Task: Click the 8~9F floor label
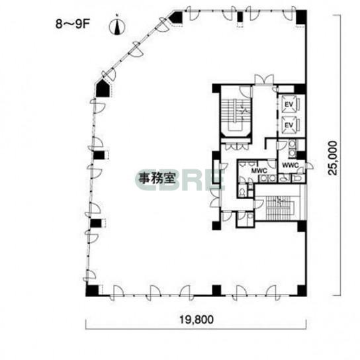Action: pyautogui.click(x=72, y=24)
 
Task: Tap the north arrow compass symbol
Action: pyautogui.click(x=117, y=26)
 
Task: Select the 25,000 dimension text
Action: pyautogui.click(x=333, y=158)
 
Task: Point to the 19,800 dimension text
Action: pyautogui.click(x=197, y=319)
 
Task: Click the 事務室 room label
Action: pyautogui.click(x=158, y=178)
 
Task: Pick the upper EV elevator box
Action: pyautogui.click(x=289, y=105)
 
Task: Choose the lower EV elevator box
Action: pyautogui.click(x=289, y=125)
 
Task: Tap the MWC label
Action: pyautogui.click(x=259, y=171)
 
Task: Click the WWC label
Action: pyautogui.click(x=291, y=165)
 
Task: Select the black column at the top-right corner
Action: pyautogui.click(x=301, y=17)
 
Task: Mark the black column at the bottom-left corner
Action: pyautogui.click(x=92, y=291)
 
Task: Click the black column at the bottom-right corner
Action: pyautogui.click(x=302, y=291)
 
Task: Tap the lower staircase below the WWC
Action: pyautogui.click(x=280, y=207)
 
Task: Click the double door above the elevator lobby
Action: pyautogui.click(x=264, y=79)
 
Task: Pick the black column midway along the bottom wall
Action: pyautogui.click(x=216, y=291)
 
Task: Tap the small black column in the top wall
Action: pyautogui.click(x=240, y=17)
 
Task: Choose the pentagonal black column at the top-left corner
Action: pyautogui.click(x=176, y=17)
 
